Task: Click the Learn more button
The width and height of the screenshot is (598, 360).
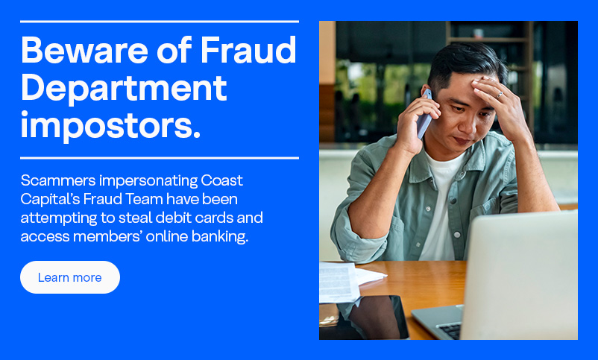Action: [70, 277]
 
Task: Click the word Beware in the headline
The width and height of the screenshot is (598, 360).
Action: [84, 50]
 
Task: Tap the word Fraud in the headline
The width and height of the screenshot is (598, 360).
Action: [248, 50]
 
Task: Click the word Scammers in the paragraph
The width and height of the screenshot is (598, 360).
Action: [58, 180]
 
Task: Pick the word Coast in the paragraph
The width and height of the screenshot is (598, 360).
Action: [221, 180]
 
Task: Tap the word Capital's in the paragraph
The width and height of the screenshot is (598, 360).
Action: [49, 200]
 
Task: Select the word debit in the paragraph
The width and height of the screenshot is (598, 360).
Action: [174, 218]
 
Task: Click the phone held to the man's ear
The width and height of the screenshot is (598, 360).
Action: [424, 114]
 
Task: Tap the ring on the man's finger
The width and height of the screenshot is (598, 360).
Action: [500, 95]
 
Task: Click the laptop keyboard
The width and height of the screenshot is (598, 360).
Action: [450, 330]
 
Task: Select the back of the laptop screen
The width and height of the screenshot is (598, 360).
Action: [520, 274]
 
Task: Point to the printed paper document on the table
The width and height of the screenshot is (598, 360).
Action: [339, 282]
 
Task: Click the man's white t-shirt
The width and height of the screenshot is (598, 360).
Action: [442, 206]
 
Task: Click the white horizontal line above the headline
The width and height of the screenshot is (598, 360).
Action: [160, 22]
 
